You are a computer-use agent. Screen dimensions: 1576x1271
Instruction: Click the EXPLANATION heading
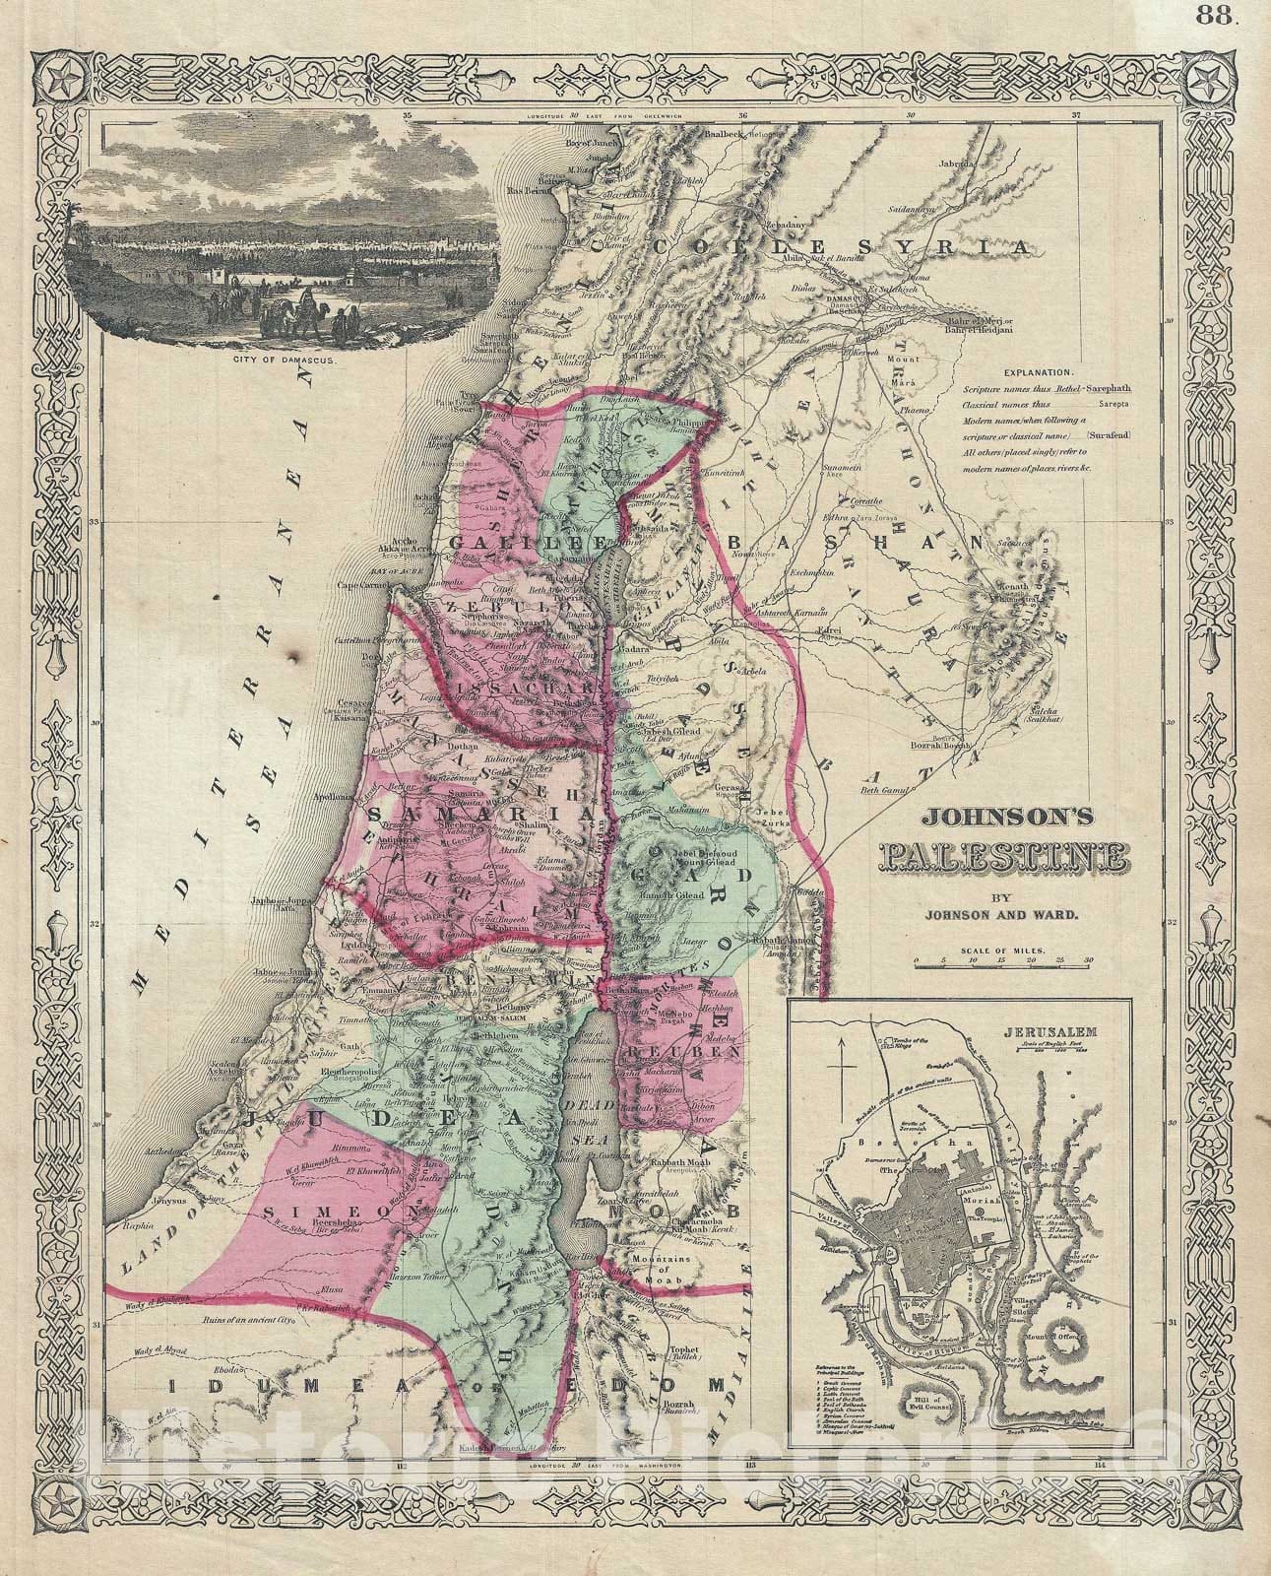1040,373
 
